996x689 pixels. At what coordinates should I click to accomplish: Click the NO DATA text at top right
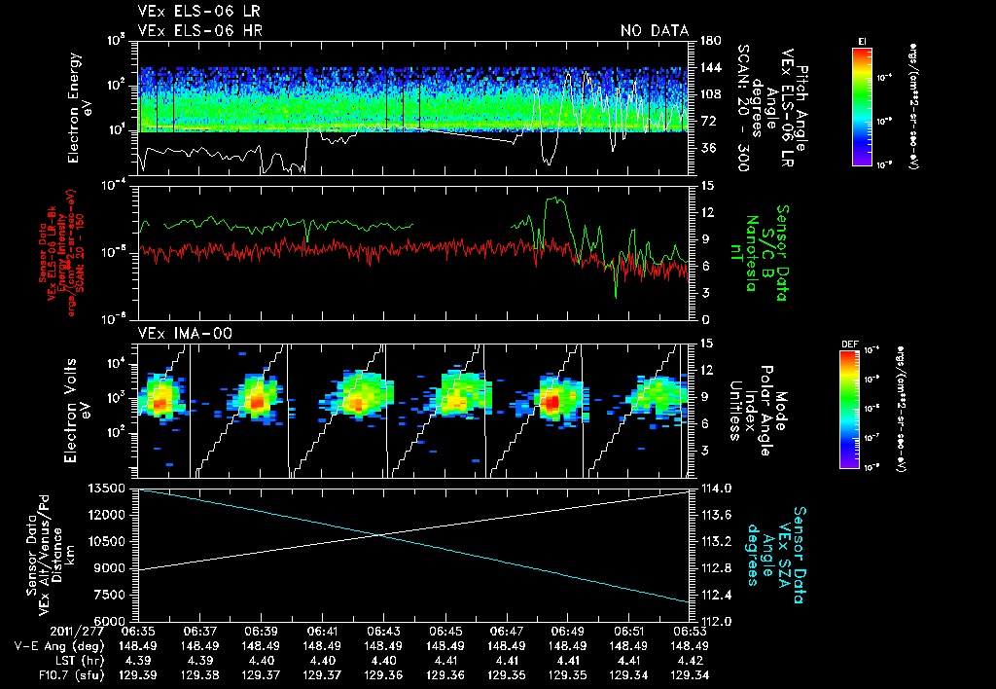click(x=655, y=30)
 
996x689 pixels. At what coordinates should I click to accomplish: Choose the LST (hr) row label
click(x=53, y=660)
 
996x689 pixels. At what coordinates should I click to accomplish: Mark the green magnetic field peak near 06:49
click(x=555, y=199)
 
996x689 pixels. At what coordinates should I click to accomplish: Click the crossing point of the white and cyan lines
click(x=380, y=534)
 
